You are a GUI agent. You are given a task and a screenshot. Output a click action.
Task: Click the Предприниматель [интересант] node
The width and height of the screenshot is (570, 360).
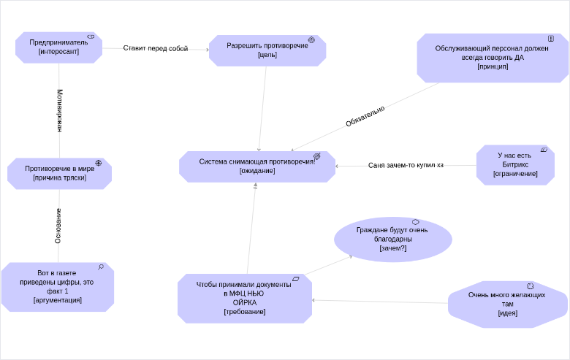[x=58, y=47]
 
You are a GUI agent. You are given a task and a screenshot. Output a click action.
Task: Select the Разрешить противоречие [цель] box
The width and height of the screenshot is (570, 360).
[x=267, y=50]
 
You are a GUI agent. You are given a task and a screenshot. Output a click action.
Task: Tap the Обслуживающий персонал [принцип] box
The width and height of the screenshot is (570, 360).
[x=493, y=58]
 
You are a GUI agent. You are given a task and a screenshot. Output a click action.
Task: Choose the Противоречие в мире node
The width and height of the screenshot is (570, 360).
[x=60, y=173]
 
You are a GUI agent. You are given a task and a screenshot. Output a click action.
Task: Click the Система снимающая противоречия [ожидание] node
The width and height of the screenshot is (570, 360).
[x=257, y=166]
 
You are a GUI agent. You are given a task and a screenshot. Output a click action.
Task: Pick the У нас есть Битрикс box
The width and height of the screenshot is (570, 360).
[x=515, y=165]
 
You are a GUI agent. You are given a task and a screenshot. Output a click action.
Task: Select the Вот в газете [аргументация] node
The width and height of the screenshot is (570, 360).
[x=58, y=287]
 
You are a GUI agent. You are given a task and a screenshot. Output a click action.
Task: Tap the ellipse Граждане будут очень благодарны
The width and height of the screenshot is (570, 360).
[x=393, y=239]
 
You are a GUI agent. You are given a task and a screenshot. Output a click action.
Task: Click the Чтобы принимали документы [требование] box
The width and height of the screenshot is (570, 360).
[x=245, y=298]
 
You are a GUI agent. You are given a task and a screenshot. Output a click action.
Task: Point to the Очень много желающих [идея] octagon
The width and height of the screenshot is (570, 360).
[x=507, y=304]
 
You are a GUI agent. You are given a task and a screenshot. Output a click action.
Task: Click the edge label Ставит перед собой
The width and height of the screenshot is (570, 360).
[x=156, y=48]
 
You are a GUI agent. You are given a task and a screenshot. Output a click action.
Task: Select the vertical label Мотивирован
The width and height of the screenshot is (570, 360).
[x=60, y=110]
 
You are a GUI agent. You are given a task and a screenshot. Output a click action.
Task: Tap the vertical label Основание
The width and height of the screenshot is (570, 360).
[x=58, y=226]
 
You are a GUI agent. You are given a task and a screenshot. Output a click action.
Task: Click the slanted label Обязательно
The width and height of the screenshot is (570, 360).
[x=365, y=116]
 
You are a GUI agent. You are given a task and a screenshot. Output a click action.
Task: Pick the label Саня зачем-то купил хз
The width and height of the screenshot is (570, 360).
[x=406, y=165]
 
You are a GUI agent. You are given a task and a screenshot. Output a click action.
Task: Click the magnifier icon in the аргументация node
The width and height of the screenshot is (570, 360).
[x=101, y=267]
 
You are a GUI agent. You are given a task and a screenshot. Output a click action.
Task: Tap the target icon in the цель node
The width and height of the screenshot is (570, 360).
[x=311, y=39]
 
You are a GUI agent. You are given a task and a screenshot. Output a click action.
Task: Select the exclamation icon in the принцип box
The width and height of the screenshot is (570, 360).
[x=551, y=38]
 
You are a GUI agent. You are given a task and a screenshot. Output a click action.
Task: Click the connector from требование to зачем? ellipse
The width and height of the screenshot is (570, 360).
[x=329, y=265]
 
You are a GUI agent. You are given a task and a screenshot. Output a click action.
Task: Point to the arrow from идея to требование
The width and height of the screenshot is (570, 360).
[x=380, y=302]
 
